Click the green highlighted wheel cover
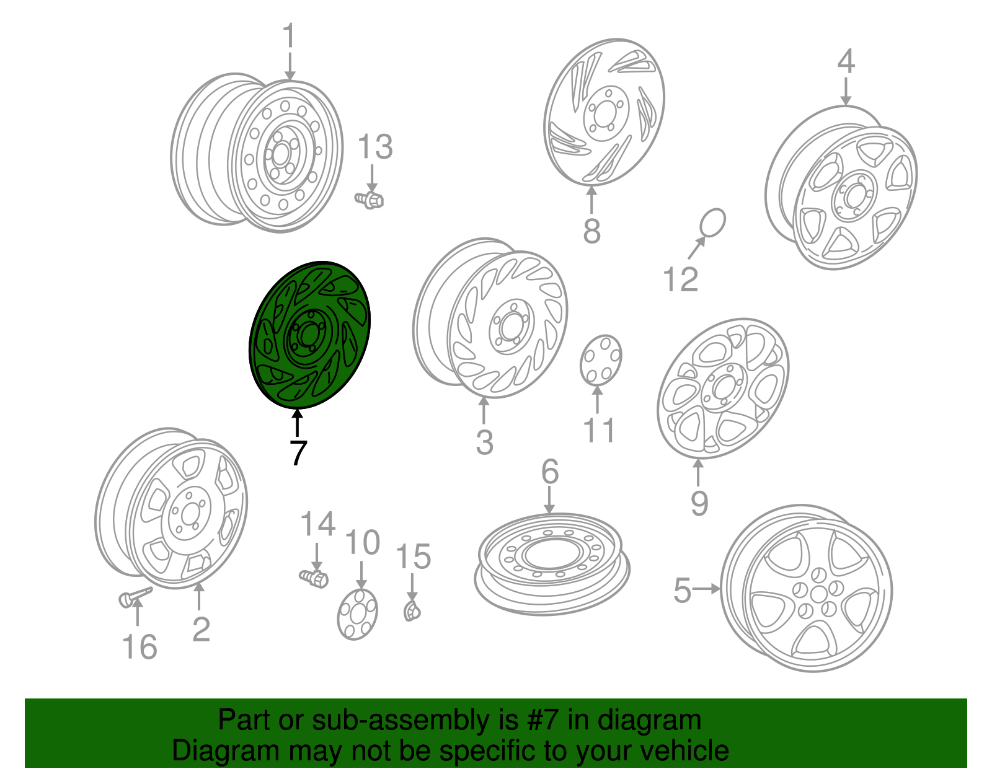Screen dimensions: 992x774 [x=309, y=335]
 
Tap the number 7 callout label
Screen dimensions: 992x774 [x=298, y=453]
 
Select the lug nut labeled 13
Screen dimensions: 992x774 [x=370, y=200]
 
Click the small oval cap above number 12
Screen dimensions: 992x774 [x=712, y=224]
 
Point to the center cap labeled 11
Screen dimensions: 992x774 [x=601, y=360]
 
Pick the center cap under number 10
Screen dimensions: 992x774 [x=358, y=614]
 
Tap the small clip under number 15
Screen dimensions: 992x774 [x=412, y=611]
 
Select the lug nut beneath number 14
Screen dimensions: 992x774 [x=314, y=578]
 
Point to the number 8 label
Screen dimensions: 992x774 [x=591, y=231]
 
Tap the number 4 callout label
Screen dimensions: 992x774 [x=846, y=61]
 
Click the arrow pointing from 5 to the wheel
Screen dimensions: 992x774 [x=706, y=589]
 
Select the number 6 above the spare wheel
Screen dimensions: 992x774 [x=550, y=471]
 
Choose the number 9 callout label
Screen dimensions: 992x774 [x=699, y=503]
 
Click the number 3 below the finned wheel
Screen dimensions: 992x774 [x=484, y=442]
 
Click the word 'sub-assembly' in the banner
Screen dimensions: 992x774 [x=415, y=719]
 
